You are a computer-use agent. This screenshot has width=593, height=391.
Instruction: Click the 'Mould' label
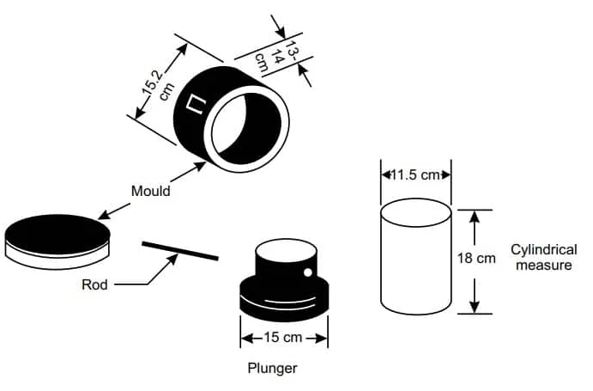[150, 191]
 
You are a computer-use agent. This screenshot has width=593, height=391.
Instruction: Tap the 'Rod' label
[94, 284]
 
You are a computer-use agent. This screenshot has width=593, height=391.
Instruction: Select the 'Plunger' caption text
[272, 368]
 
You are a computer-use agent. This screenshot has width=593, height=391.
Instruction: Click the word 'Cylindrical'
[544, 250]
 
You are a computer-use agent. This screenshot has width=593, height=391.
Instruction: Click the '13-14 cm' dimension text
[275, 56]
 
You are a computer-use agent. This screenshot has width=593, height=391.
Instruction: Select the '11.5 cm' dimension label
[415, 175]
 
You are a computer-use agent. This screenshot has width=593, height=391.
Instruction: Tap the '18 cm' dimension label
[476, 259]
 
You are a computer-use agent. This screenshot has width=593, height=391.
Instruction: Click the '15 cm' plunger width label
[283, 337]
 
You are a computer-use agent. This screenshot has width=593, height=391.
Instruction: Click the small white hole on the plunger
[308, 272]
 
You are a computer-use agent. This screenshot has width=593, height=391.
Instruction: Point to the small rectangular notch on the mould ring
[197, 104]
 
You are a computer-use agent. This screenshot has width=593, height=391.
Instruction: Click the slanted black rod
[180, 251]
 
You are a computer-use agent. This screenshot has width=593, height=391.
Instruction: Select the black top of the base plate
[57, 231]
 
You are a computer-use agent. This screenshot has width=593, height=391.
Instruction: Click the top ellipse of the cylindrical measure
[415, 213]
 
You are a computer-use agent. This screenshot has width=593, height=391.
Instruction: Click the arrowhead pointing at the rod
[173, 259]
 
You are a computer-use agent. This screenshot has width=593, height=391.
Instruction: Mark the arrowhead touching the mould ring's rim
[200, 166]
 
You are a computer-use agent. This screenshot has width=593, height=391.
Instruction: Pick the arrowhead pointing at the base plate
[104, 215]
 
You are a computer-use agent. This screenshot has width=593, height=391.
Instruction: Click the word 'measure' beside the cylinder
[544, 265]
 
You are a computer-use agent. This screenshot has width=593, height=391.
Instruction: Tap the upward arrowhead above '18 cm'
[475, 217]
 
